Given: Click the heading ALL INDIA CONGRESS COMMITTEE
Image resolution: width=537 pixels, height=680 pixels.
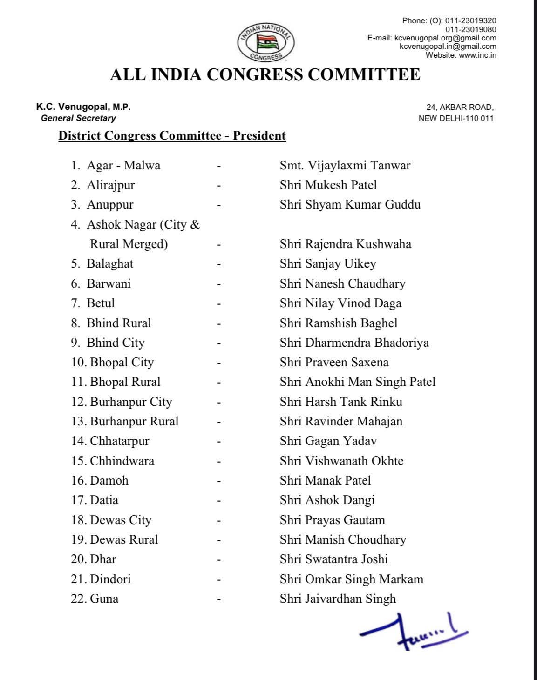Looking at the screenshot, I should point(265,75).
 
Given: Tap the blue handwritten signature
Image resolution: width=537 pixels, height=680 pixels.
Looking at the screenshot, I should point(412,631).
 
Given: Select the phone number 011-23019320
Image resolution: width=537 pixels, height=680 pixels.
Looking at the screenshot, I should point(470,20).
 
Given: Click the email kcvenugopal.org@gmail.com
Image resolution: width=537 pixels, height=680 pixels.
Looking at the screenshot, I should point(445,38).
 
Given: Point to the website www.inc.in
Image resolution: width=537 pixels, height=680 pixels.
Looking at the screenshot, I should point(477,55).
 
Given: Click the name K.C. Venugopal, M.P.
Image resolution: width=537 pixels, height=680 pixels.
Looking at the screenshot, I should point(83,107).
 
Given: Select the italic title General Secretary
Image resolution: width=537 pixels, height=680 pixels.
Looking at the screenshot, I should point(78,118).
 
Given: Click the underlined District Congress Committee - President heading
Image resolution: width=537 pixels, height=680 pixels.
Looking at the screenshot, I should point(172,136).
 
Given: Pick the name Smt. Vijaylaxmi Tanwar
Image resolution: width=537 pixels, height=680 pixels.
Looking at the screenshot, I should point(345,165).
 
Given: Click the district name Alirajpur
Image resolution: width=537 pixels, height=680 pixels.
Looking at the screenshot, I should point(110,185).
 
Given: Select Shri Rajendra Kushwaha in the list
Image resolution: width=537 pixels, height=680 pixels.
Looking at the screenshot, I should point(345,244).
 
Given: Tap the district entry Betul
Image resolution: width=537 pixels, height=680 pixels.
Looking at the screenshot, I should point(101,303).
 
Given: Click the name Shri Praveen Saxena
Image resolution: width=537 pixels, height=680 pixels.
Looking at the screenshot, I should point(334,362).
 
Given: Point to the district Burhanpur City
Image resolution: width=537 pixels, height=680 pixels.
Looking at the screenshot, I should point(131,402).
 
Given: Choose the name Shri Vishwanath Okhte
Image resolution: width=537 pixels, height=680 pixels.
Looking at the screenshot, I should point(341,461).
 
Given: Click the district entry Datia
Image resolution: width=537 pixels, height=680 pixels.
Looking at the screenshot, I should point(104,500).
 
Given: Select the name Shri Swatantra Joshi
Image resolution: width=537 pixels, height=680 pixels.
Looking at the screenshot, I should point(333,559).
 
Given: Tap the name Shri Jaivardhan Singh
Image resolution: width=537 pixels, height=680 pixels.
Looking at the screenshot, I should point(338,599).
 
